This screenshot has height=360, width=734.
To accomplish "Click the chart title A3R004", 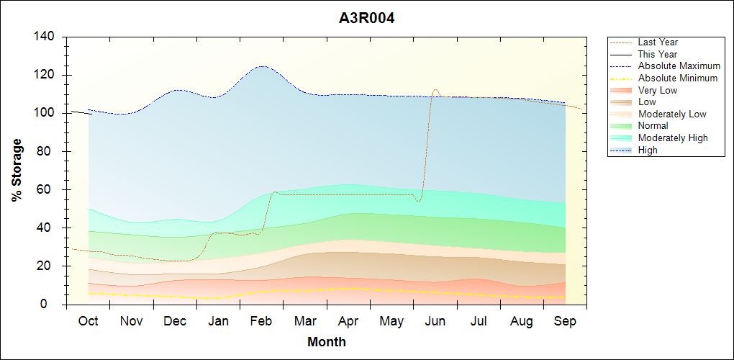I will [x=366, y=18].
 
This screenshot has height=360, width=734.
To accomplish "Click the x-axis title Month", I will [x=327, y=342].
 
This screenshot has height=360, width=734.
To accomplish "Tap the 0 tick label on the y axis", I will [x=52, y=305].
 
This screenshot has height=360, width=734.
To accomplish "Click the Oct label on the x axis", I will [x=88, y=321].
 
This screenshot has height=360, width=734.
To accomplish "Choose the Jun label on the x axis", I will [x=435, y=321].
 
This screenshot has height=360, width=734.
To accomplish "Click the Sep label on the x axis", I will [x=565, y=321].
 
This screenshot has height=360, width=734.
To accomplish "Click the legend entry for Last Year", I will [x=658, y=42].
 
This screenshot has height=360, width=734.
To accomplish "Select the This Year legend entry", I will [x=657, y=54].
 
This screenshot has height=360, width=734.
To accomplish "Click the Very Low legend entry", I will [x=658, y=90].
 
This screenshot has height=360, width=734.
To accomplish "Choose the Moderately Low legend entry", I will [x=672, y=114].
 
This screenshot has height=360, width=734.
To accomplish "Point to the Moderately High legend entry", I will [x=673, y=138].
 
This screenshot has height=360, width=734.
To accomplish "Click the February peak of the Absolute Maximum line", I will [x=261, y=66].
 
